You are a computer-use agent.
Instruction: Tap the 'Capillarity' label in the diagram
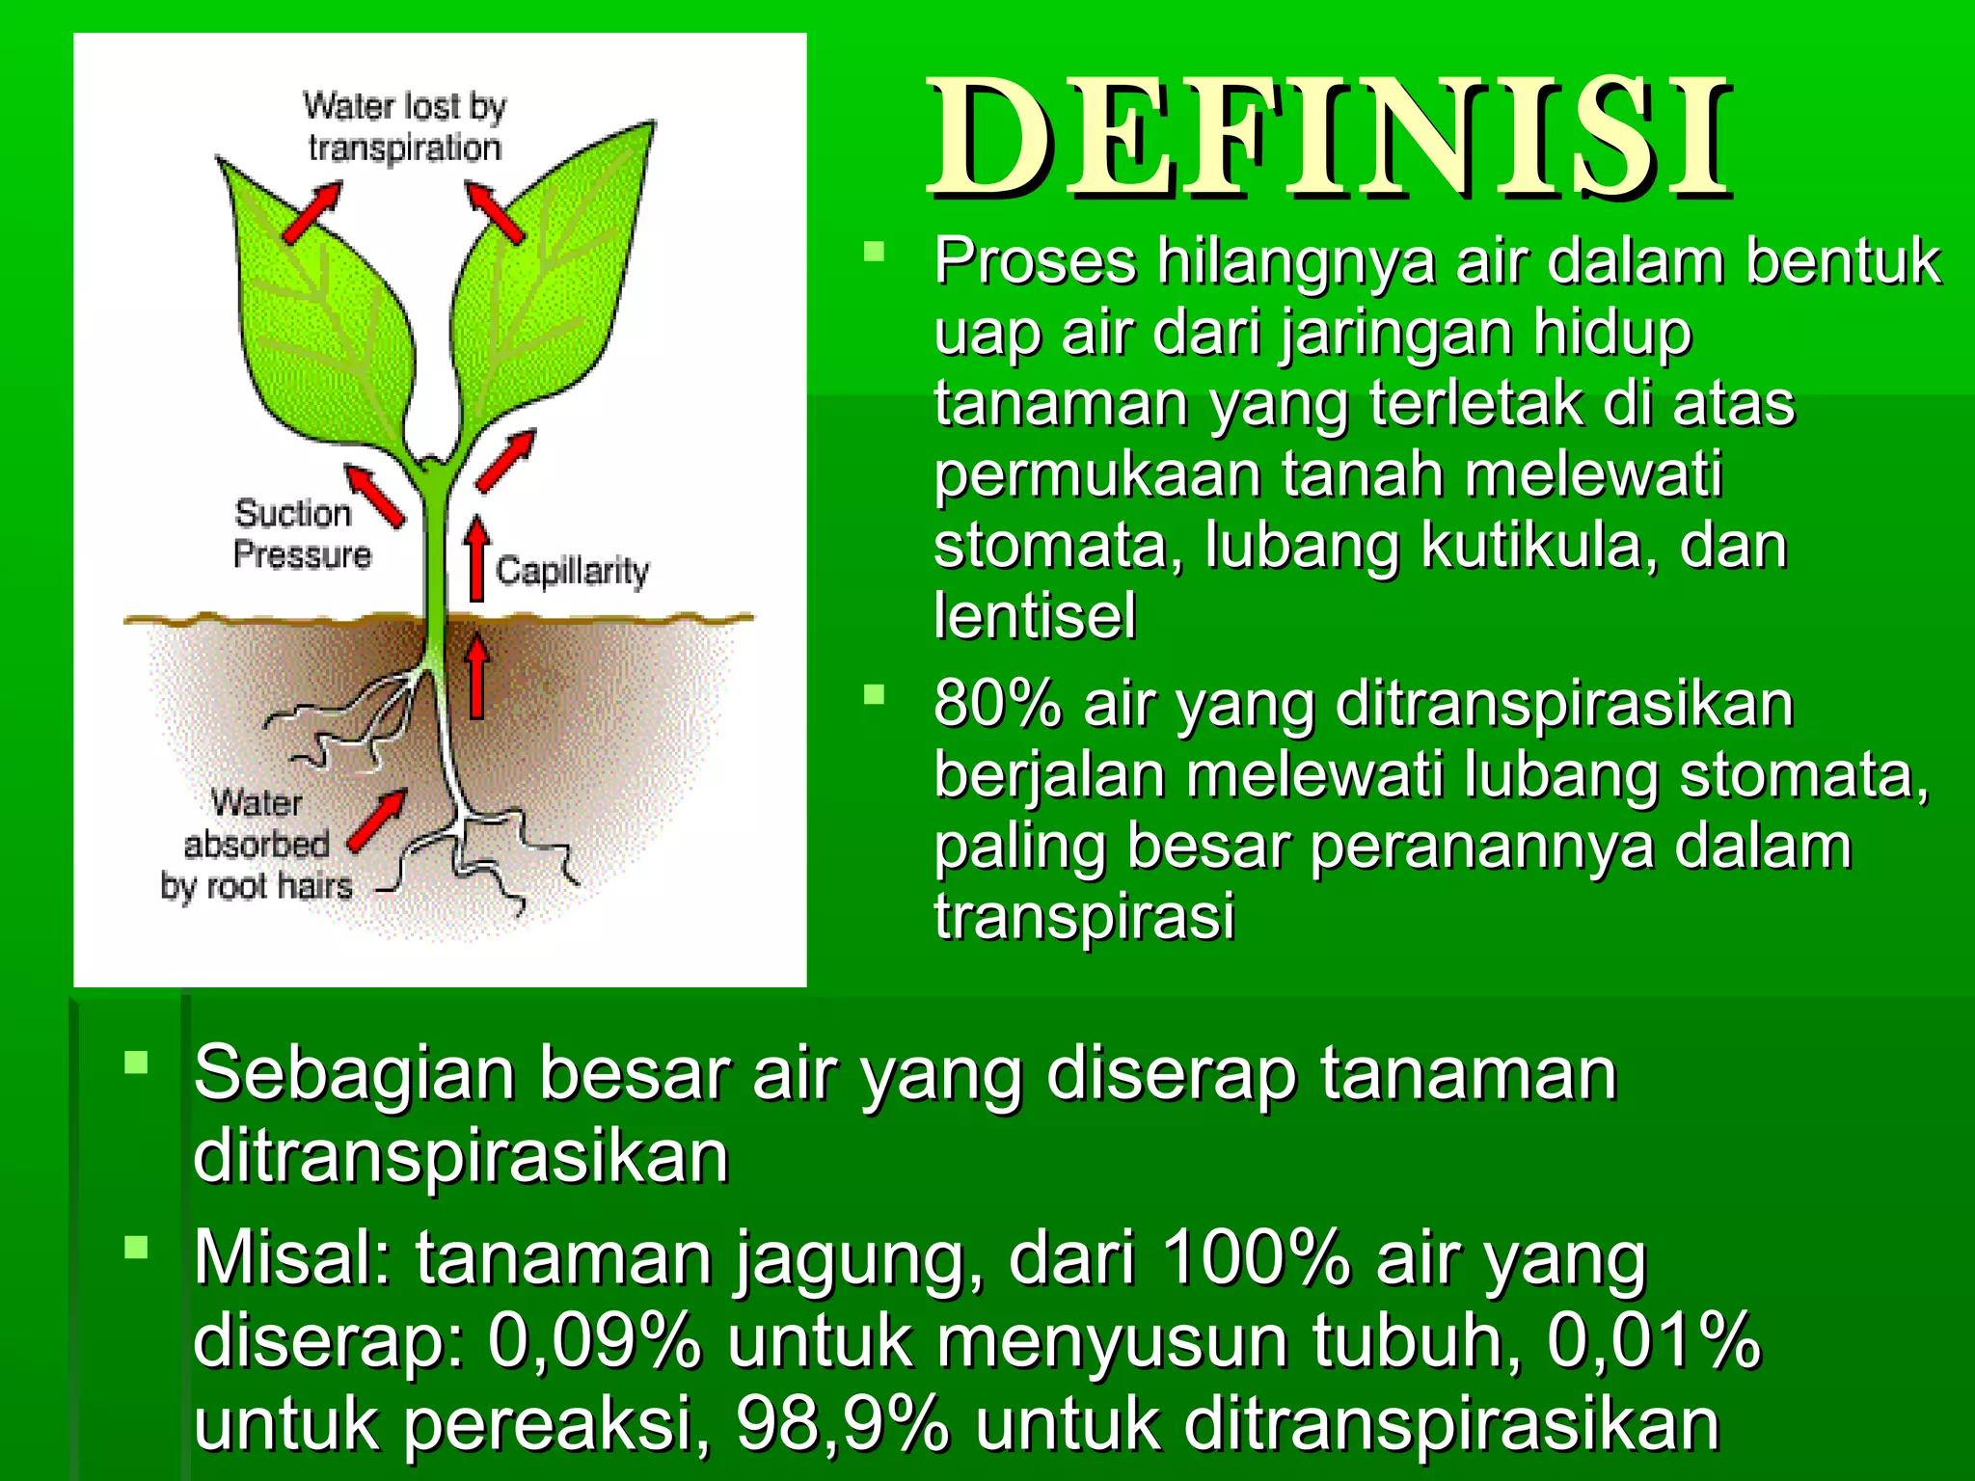(x=572, y=571)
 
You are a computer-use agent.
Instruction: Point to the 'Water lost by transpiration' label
(x=404, y=126)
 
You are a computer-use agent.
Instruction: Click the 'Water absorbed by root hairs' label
(x=256, y=845)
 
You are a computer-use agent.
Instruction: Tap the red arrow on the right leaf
(x=496, y=210)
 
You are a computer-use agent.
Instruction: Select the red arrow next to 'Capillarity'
(x=475, y=558)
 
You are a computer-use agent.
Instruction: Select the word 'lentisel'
(x=1035, y=616)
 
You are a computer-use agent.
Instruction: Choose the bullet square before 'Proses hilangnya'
(x=874, y=253)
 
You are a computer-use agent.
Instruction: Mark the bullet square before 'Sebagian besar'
(x=136, y=1063)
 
